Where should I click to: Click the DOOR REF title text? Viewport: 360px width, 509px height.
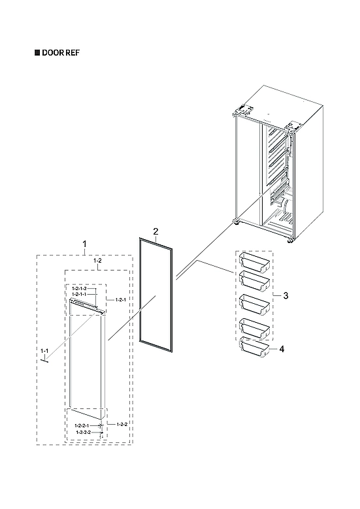click(60, 53)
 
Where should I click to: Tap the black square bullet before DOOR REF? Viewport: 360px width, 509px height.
click(37, 53)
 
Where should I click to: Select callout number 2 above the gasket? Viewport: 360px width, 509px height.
click(155, 231)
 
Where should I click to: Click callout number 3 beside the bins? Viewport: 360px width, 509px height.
click(285, 295)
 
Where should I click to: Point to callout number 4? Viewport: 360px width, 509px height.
click(282, 350)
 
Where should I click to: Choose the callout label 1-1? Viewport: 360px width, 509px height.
click(44, 352)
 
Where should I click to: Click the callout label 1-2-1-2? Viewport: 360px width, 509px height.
click(79, 288)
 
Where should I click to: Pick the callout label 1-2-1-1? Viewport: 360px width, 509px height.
click(79, 295)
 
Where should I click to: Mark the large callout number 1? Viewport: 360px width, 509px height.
click(84, 244)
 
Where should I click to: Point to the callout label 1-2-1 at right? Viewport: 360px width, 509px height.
click(120, 299)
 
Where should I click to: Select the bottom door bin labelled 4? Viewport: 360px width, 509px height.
click(254, 350)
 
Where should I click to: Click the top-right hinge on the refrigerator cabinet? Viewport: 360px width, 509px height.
click(293, 125)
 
